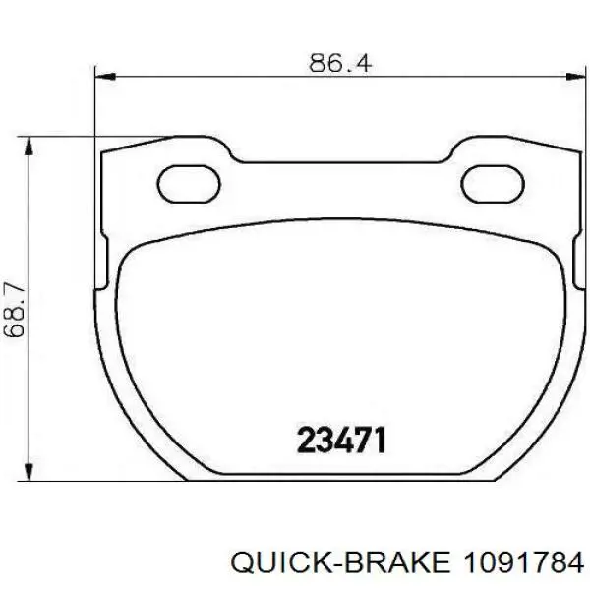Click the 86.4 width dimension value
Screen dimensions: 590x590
[x=340, y=63]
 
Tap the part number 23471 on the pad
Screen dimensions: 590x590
[x=341, y=440]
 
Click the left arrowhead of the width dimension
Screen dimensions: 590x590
[x=104, y=76]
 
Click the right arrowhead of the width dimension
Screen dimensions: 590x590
[x=576, y=76]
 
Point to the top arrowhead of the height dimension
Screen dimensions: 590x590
[x=29, y=146]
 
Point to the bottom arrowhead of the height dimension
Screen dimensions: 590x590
[x=29, y=471]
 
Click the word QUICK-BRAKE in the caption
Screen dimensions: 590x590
[x=340, y=563]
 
